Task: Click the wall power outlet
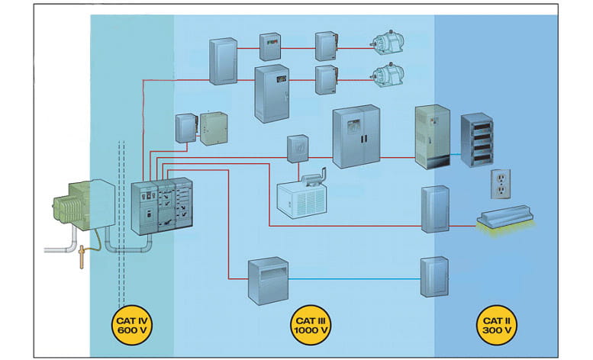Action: [500, 184]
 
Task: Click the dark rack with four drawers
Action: [476, 141]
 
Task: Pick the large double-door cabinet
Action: [355, 137]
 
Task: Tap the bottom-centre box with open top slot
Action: [267, 280]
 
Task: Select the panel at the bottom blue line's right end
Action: [433, 279]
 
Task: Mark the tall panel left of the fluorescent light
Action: [433, 207]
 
